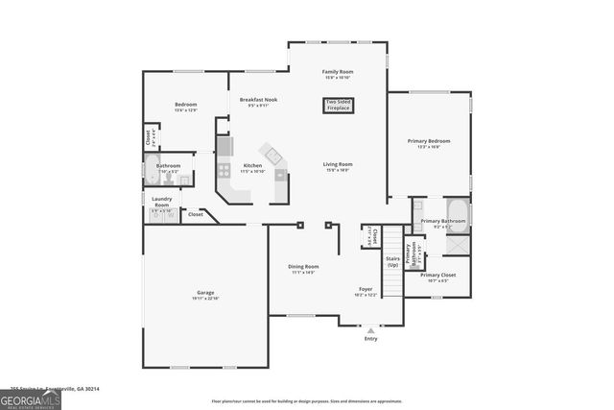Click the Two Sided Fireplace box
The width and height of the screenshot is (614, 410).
(337, 104)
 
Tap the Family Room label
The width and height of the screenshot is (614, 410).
(337, 72)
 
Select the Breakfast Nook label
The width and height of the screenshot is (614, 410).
(258, 100)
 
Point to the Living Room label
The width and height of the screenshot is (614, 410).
(337, 164)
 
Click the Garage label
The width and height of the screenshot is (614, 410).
(205, 292)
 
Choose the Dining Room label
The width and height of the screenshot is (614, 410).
(304, 266)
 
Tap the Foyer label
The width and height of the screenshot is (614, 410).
(366, 289)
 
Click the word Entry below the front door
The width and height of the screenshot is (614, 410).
(370, 338)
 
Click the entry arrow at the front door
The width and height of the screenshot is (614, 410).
(370, 329)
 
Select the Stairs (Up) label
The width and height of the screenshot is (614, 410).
(391, 259)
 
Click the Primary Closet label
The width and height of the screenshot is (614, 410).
(442, 276)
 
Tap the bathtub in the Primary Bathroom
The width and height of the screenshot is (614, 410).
(457, 210)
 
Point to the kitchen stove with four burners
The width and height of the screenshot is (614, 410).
(224, 171)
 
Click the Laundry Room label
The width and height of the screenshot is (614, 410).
(161, 202)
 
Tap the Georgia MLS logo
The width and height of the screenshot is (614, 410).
(31, 399)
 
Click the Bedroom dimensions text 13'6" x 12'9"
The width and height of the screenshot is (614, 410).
(185, 110)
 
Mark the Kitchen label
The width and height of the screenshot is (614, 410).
(252, 165)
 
